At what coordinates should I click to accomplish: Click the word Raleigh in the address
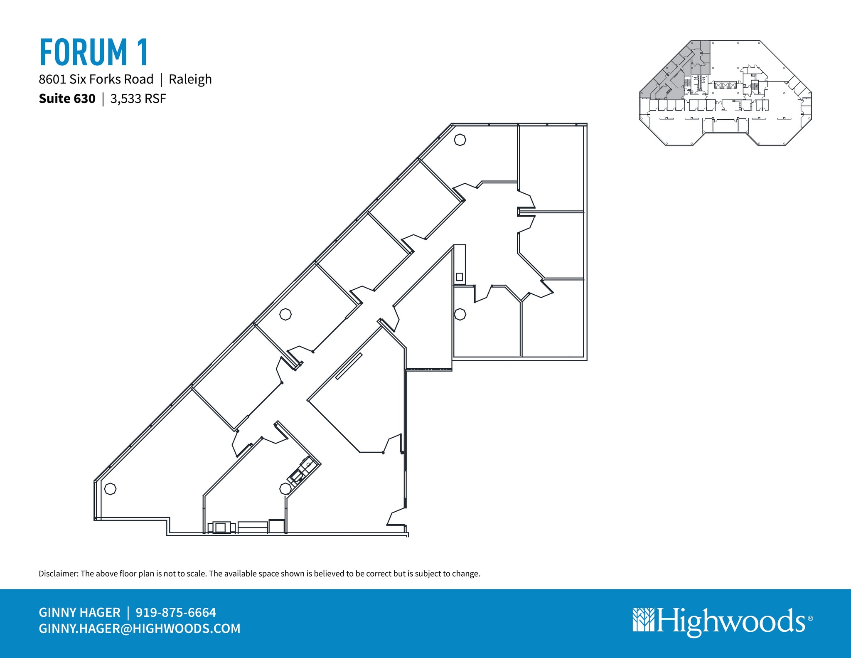190,79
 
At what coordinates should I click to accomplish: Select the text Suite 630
67,99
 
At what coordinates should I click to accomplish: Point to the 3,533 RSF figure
138,99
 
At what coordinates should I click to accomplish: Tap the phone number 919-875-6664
176,612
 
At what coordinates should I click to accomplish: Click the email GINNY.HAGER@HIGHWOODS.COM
140,628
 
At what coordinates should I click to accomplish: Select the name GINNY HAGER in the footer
79,612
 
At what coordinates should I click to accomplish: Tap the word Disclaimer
58,574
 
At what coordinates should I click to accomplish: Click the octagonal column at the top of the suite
460,140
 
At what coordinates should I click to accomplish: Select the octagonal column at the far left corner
110,489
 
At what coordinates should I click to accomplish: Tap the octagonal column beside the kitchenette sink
285,489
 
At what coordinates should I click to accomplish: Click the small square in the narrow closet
459,276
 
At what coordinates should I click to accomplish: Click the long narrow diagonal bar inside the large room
349,366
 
